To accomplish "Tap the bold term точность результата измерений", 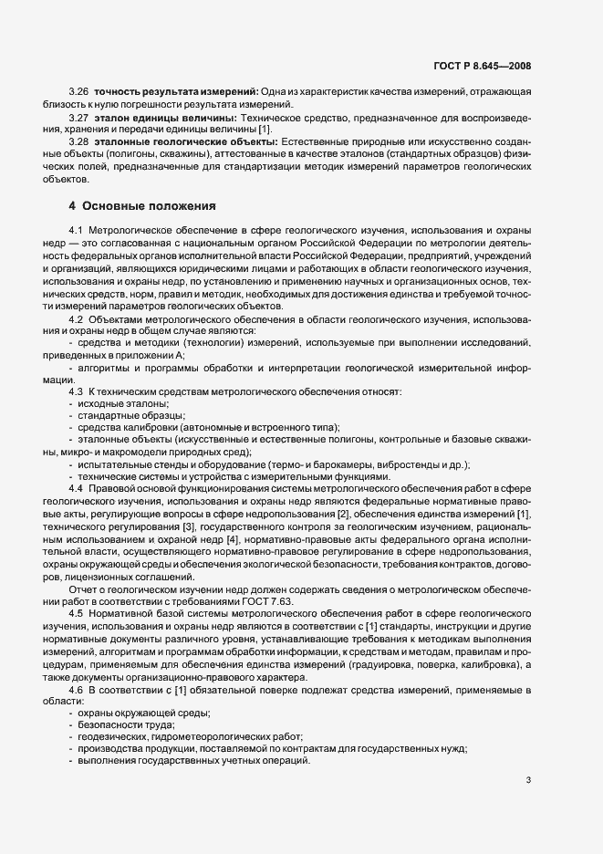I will [x=174, y=93].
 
